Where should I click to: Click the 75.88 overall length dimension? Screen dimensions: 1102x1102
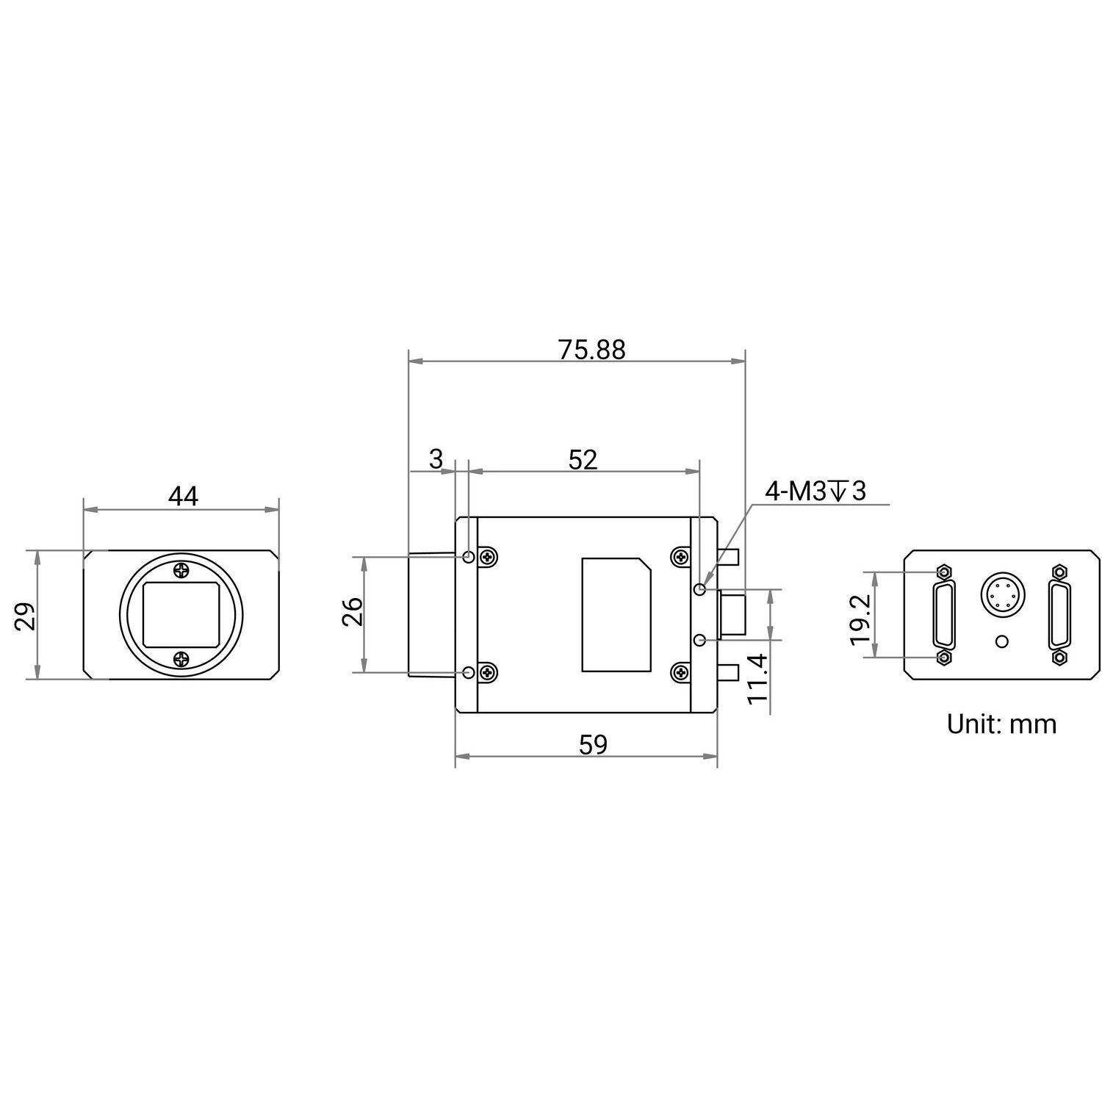pos(591,350)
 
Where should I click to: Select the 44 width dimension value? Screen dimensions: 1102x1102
pos(183,497)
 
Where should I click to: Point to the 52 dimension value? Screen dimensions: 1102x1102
pos(583,460)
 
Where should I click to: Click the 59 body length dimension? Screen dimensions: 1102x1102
pos(594,745)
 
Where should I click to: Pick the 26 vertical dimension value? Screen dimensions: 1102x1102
pos(353,611)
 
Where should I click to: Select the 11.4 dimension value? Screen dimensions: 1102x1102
pos(757,679)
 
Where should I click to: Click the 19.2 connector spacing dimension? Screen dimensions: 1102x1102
pos(860,619)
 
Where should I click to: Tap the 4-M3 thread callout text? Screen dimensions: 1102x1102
pos(815,491)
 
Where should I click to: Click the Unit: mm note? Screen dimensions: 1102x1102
pos(1001,724)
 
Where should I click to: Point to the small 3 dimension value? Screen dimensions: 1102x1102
pos(436,460)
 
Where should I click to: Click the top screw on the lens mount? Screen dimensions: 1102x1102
pos(181,570)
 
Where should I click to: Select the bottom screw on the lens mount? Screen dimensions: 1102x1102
pos(181,660)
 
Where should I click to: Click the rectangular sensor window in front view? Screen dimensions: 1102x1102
pos(181,615)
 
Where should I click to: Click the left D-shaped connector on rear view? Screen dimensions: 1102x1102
pos(944,614)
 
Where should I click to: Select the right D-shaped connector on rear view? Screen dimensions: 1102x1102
pos(1059,614)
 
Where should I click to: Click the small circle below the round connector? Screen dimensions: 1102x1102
pos(1001,641)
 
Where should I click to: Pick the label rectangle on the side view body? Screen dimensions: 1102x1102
pos(616,614)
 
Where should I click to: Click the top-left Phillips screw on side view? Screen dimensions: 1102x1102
pos(486,558)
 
